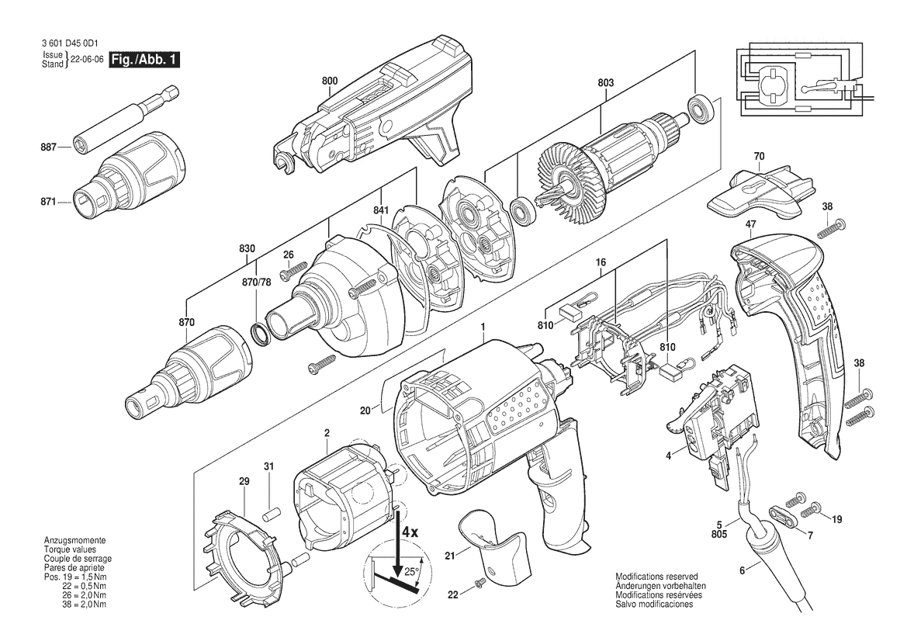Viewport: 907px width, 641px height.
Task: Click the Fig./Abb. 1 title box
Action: (145, 60)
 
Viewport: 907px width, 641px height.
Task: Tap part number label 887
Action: (49, 147)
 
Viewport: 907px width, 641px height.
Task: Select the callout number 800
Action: (330, 81)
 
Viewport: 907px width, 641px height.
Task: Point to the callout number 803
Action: (606, 83)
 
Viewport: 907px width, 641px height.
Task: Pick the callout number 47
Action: (751, 223)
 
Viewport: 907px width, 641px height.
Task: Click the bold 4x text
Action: (410, 532)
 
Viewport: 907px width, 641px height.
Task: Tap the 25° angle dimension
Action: (410, 572)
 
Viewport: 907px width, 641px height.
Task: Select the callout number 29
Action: (244, 481)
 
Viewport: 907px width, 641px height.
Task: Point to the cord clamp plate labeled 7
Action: (778, 515)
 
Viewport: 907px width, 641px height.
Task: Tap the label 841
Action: (381, 211)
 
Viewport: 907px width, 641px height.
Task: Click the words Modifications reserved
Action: (656, 577)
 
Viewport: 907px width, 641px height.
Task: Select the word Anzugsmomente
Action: (74, 540)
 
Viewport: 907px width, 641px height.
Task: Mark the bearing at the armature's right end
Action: (699, 110)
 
